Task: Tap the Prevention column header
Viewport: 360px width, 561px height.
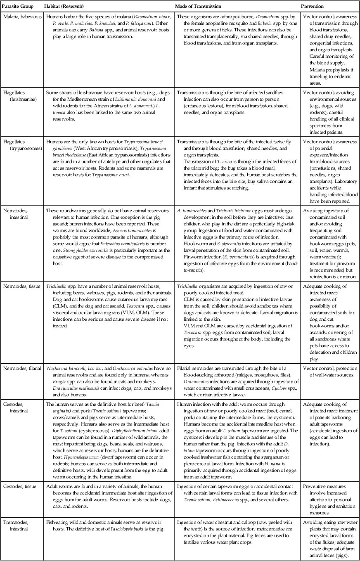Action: [312, 7]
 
